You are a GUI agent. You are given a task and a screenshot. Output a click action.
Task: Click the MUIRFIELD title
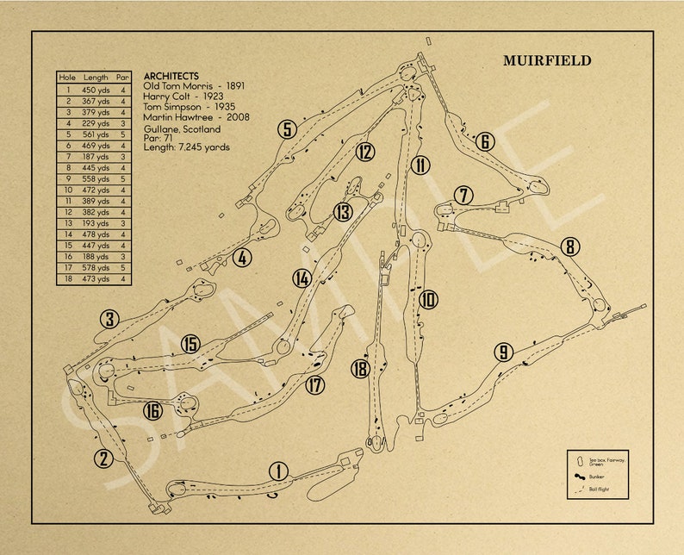(x=547, y=61)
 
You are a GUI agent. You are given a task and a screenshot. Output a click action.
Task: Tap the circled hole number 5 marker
(x=287, y=130)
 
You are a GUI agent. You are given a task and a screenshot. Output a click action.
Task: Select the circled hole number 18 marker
(x=360, y=370)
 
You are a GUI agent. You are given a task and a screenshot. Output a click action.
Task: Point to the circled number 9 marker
(x=504, y=352)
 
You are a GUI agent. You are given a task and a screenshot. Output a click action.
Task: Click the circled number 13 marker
(x=344, y=211)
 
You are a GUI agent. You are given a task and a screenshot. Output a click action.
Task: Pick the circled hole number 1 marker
(x=278, y=471)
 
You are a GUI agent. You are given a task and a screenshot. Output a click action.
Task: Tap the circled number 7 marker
(x=464, y=196)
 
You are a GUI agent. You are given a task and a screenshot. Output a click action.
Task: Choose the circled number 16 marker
(x=153, y=411)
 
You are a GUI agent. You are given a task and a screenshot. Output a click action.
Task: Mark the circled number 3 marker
(x=109, y=320)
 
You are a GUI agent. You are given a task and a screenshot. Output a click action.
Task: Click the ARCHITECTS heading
(x=171, y=77)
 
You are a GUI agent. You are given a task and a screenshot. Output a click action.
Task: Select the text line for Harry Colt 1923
(x=183, y=97)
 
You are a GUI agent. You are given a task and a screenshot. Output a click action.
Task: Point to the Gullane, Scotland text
(x=183, y=129)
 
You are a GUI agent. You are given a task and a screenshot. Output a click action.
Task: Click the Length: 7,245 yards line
(x=187, y=147)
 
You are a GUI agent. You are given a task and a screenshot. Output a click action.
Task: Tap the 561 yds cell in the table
(x=96, y=134)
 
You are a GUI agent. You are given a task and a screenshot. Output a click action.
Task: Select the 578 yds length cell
(x=96, y=268)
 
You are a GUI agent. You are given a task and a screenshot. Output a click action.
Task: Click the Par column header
(x=123, y=78)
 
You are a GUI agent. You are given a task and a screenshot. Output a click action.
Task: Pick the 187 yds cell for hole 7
(x=96, y=157)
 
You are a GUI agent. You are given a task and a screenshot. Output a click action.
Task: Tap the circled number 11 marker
(x=420, y=165)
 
